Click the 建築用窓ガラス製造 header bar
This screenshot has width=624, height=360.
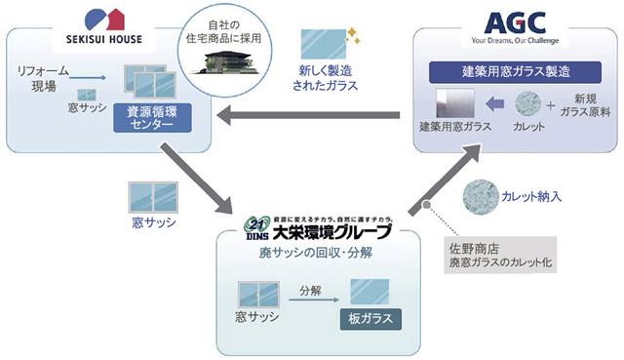tap(514, 71)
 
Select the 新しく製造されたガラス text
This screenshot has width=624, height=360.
tap(326, 78)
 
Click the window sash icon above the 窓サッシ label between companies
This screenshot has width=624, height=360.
tap(153, 197)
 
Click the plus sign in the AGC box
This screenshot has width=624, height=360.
tap(552, 103)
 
